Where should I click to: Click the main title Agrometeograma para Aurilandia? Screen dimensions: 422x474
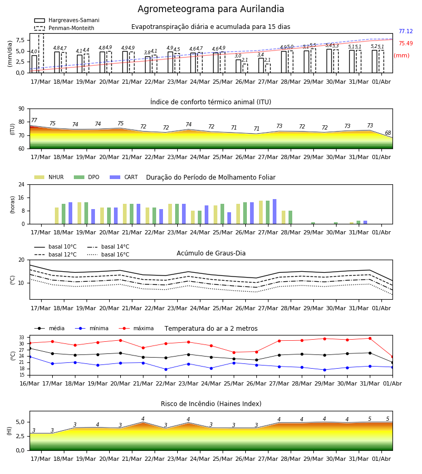point(210,9)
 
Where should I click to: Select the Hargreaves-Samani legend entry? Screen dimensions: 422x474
point(67,20)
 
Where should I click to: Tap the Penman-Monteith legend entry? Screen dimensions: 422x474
point(64,28)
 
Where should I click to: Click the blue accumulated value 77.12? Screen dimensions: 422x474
point(406,31)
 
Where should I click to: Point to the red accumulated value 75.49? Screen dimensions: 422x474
point(406,43)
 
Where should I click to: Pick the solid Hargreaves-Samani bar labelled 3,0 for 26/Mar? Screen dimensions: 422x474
point(238,66)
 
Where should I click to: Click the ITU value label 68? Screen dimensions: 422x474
point(388,133)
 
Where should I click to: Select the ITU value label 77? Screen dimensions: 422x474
point(34,120)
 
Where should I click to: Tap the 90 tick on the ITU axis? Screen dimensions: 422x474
point(21,109)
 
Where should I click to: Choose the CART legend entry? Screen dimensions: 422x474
point(124,177)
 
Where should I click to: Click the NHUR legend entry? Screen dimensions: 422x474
point(49,177)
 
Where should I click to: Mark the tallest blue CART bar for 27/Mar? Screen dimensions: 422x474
point(275,212)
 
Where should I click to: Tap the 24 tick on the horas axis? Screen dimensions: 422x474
point(21,184)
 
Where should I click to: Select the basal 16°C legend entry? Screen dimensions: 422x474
point(108,254)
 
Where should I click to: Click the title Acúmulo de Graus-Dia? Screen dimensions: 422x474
point(211,253)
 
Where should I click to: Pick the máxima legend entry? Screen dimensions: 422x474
point(136,328)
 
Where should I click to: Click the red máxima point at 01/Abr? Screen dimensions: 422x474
point(392,357)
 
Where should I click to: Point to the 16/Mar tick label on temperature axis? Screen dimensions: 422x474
point(30,383)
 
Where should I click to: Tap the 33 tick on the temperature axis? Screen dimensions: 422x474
point(22,338)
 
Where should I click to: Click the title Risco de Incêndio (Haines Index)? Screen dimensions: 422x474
point(211,403)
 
